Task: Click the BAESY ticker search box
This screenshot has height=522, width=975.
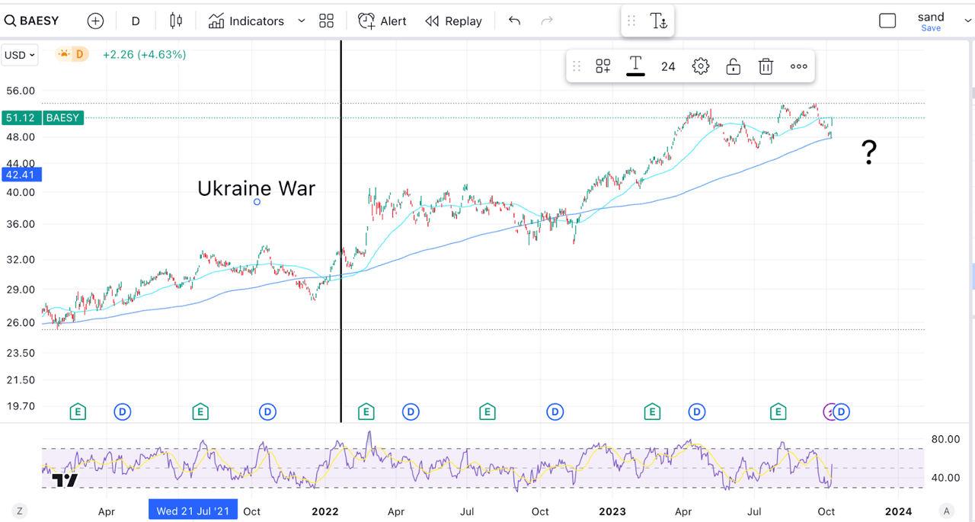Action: pos(32,21)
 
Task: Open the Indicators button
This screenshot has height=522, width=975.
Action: pos(247,21)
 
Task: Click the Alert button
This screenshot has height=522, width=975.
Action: pos(382,21)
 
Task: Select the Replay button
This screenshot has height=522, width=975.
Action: pos(453,21)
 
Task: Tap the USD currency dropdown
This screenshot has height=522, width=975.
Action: pos(20,55)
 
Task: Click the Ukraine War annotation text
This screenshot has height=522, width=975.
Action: pos(256,188)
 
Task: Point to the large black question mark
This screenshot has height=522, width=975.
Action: pos(868,153)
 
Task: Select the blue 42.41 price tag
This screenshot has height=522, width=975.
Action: pos(19,175)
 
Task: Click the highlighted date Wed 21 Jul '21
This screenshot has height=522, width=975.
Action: pos(193,511)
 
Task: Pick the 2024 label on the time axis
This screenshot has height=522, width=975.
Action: pos(898,511)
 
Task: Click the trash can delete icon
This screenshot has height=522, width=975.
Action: pos(766,66)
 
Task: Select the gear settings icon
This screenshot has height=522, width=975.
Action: pos(700,66)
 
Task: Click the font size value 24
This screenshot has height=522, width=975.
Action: pos(668,66)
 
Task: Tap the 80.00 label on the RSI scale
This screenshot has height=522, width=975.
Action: pos(945,439)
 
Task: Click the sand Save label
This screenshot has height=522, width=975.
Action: pos(931,21)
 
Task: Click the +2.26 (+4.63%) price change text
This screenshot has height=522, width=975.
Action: pos(144,55)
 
